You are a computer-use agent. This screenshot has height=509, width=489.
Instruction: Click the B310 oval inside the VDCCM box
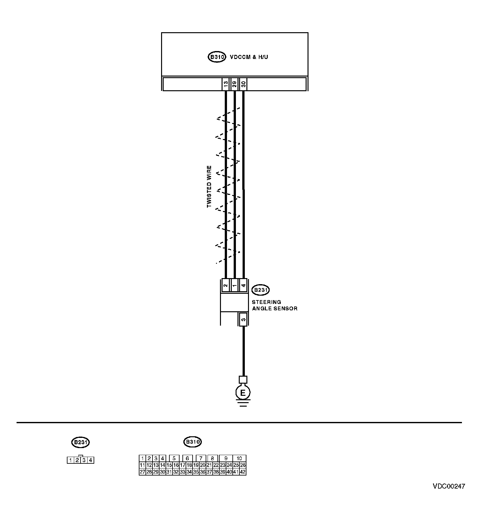click(x=216, y=57)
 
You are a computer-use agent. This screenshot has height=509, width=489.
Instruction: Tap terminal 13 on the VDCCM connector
click(x=225, y=84)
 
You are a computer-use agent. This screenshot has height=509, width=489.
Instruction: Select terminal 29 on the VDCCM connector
click(x=234, y=84)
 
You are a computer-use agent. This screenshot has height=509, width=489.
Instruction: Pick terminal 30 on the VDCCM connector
click(x=243, y=84)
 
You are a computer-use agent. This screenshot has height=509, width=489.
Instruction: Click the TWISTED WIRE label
click(x=209, y=187)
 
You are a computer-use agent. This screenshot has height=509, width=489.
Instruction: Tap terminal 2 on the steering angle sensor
click(x=225, y=285)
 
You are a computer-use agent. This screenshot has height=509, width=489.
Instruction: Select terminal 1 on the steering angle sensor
click(x=234, y=285)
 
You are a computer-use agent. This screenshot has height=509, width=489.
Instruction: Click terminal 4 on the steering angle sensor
click(x=243, y=285)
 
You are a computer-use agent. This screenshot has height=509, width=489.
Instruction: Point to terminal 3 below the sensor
click(x=243, y=319)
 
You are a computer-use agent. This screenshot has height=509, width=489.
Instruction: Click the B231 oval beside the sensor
click(x=260, y=290)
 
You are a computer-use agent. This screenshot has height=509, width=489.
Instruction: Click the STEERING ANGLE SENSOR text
click(x=274, y=305)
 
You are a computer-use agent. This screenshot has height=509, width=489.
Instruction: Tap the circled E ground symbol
click(x=243, y=393)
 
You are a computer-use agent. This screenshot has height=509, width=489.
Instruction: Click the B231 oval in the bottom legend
click(x=80, y=442)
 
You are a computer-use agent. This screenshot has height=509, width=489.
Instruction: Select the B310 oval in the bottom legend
click(x=193, y=442)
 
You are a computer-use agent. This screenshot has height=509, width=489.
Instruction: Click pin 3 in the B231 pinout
click(x=84, y=460)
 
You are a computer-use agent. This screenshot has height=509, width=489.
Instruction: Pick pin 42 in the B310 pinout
click(x=243, y=472)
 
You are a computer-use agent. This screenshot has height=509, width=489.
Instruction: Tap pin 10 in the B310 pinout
click(x=239, y=459)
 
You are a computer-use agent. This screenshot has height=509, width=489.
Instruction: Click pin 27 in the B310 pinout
click(x=142, y=472)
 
